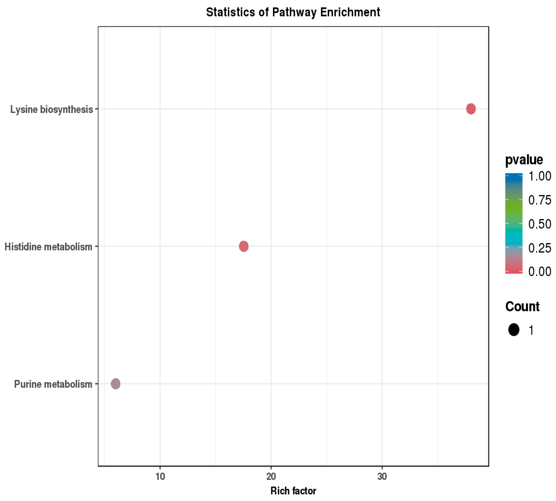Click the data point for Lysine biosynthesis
click(470, 109)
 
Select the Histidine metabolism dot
click(244, 246)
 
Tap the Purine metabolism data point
click(115, 383)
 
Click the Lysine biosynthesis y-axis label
click(51, 109)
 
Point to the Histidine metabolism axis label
click(49, 247)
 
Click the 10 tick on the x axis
click(160, 476)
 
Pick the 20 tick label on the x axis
click(271, 476)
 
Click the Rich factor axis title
click(293, 491)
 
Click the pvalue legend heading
click(524, 160)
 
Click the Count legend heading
click(522, 307)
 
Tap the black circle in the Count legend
click(514, 330)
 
